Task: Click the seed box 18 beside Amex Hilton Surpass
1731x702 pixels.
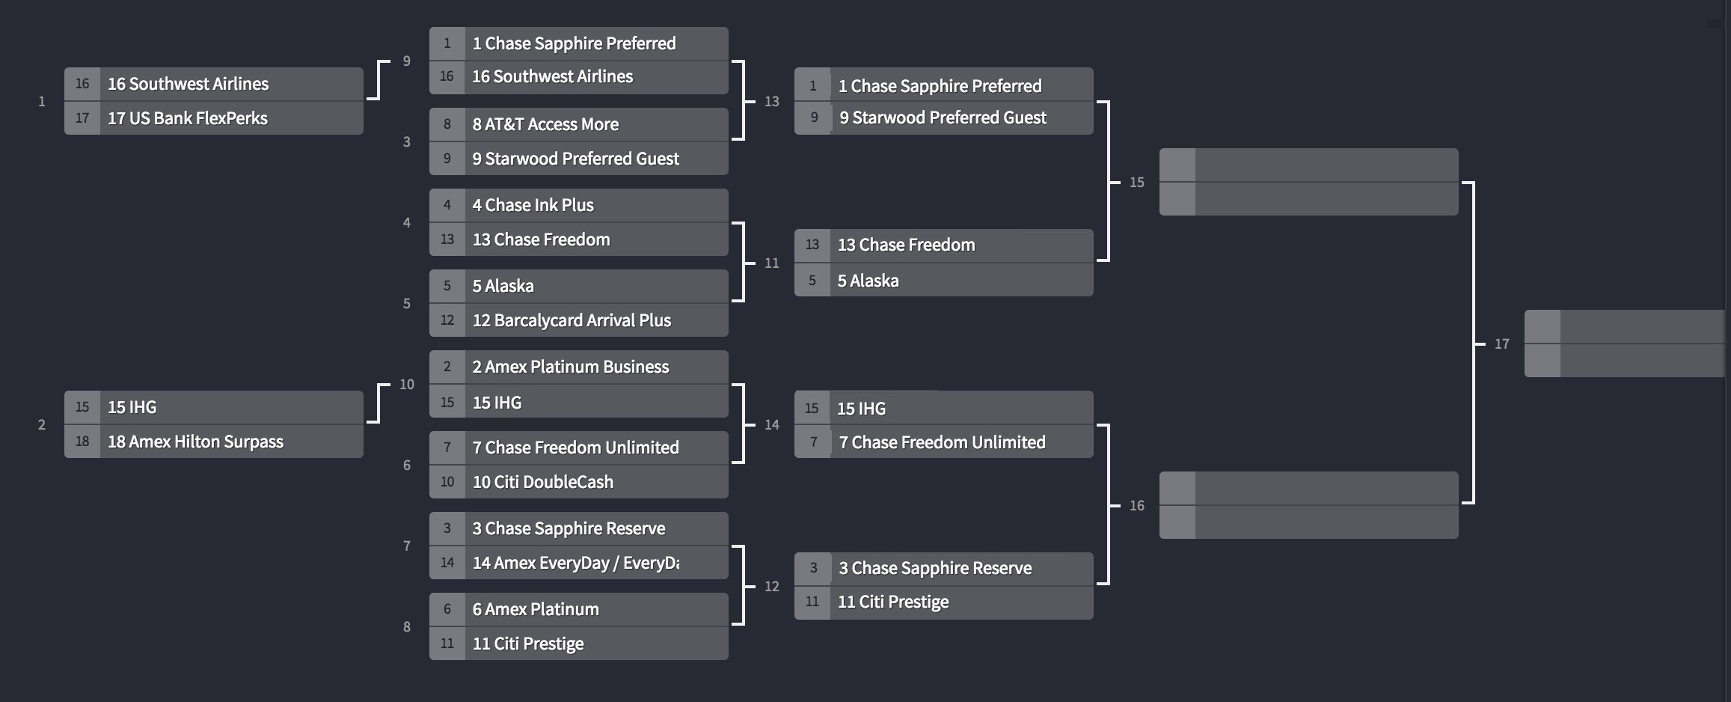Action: pyautogui.click(x=82, y=442)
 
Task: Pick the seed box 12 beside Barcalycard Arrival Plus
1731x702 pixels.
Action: pyautogui.click(x=447, y=320)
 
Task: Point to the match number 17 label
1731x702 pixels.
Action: pyautogui.click(x=1501, y=344)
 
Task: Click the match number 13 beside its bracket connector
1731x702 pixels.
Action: pyautogui.click(x=771, y=102)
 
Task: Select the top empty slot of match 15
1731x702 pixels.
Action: pyautogui.click(x=1308, y=165)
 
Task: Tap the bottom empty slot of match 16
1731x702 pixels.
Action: pyautogui.click(x=1308, y=522)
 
